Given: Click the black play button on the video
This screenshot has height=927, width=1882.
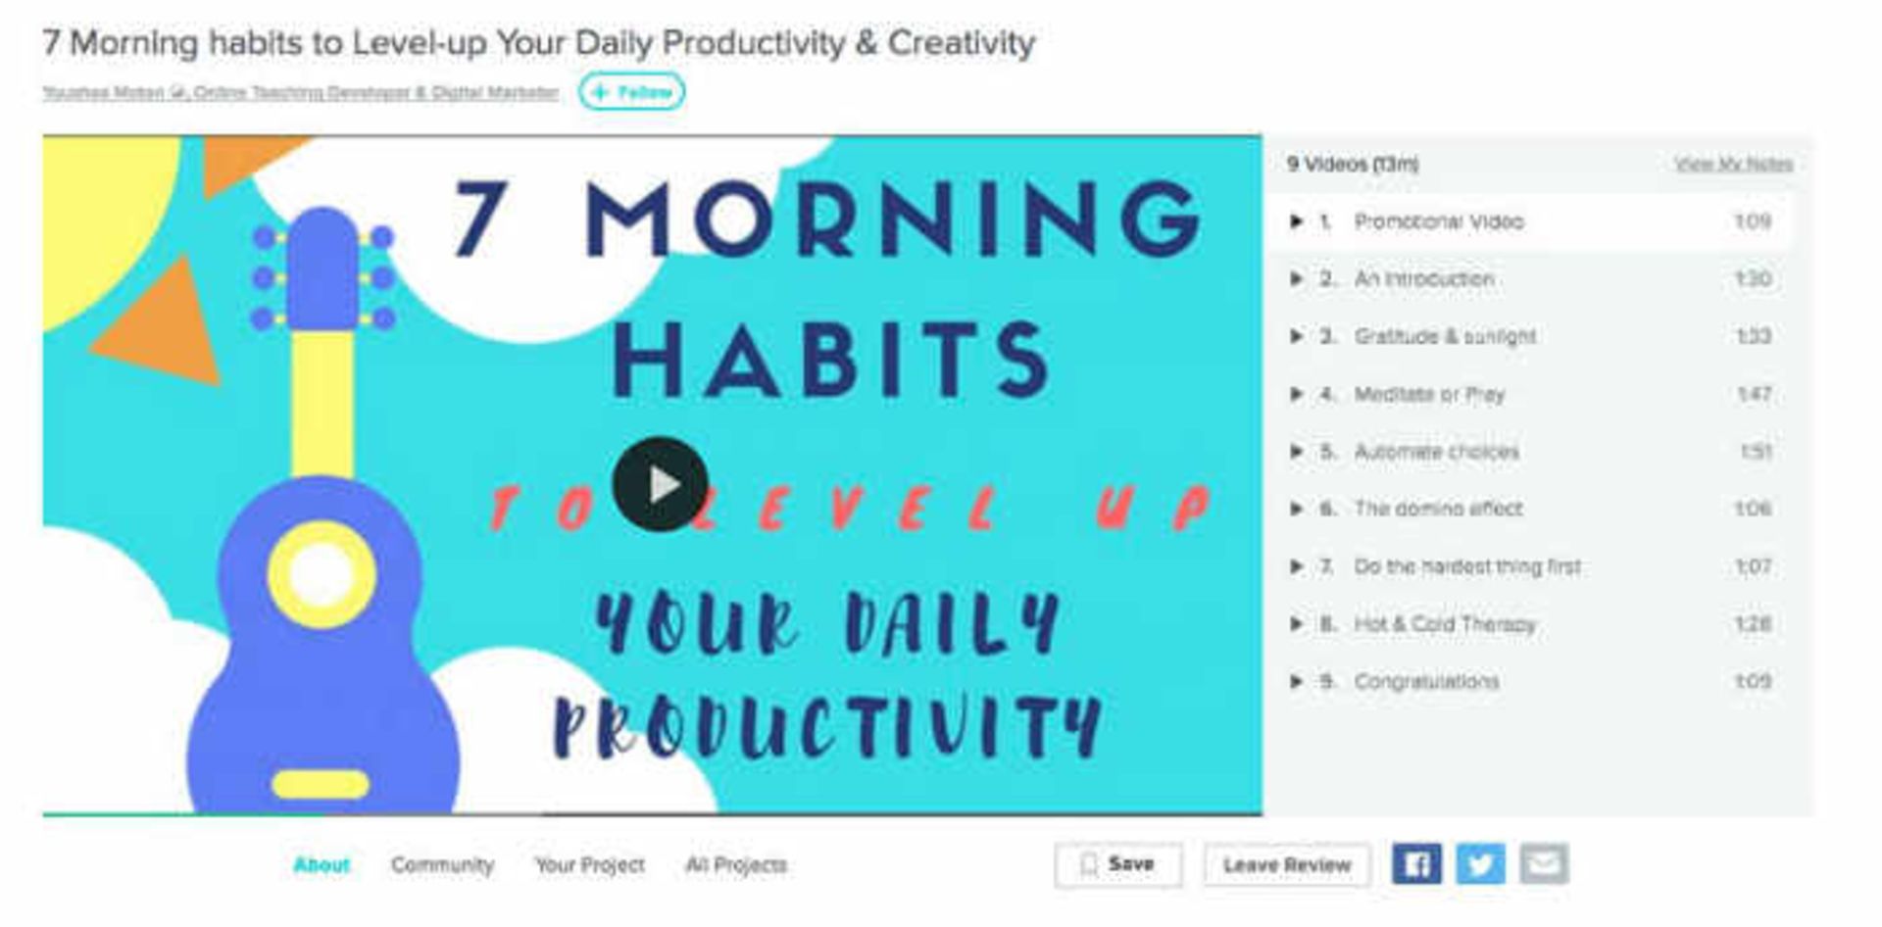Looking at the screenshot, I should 660,484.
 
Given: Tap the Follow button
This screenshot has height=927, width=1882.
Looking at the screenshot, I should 632,92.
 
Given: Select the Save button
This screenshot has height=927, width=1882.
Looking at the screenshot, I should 1118,864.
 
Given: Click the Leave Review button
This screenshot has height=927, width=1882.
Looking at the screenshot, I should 1286,865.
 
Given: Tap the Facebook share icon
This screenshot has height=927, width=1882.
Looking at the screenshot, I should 1416,864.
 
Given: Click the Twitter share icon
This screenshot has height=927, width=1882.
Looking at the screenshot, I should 1480,864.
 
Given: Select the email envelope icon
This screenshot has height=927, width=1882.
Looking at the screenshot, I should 1544,864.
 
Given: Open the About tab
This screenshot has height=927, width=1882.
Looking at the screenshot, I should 322,865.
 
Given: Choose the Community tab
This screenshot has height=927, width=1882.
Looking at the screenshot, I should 442,865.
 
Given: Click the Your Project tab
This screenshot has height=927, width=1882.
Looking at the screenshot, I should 589,865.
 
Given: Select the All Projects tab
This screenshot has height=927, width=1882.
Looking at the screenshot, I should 735,865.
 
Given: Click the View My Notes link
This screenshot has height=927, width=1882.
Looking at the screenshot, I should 1733,164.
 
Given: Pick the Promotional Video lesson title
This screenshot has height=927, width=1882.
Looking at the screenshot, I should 1439,221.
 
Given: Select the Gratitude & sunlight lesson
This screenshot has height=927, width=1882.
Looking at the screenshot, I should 1445,337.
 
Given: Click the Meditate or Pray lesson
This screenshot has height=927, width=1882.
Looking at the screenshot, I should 1429,394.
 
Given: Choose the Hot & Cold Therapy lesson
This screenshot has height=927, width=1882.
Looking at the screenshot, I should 1445,624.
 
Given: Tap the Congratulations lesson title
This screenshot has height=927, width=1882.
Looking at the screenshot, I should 1426,682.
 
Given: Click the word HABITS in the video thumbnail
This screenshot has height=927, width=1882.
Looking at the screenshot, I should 830,360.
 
